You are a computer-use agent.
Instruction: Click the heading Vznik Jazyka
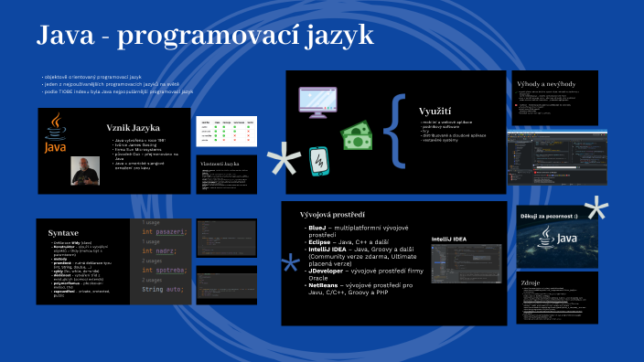[134, 127]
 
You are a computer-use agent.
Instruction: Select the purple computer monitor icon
[328, 101]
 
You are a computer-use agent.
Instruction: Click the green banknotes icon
[360, 134]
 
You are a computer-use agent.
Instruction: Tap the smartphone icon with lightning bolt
[318, 162]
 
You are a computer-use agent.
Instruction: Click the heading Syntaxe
[63, 232]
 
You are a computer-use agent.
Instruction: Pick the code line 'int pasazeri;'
[166, 232]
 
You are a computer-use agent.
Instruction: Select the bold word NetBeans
[325, 286]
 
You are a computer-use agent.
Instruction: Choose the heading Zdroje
[531, 283]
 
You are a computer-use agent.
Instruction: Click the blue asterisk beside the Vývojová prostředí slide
[290, 264]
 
